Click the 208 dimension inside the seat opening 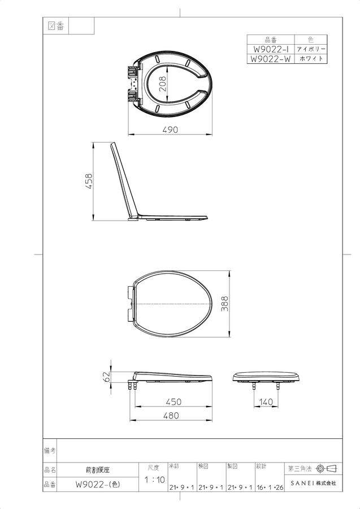click(x=163, y=84)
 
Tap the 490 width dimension click(x=170, y=130)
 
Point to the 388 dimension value click(x=224, y=304)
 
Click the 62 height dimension click(x=106, y=377)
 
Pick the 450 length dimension click(x=174, y=402)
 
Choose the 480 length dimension click(x=171, y=416)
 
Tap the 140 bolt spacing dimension click(x=266, y=402)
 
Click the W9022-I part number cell click(x=271, y=49)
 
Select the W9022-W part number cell click(x=271, y=59)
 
